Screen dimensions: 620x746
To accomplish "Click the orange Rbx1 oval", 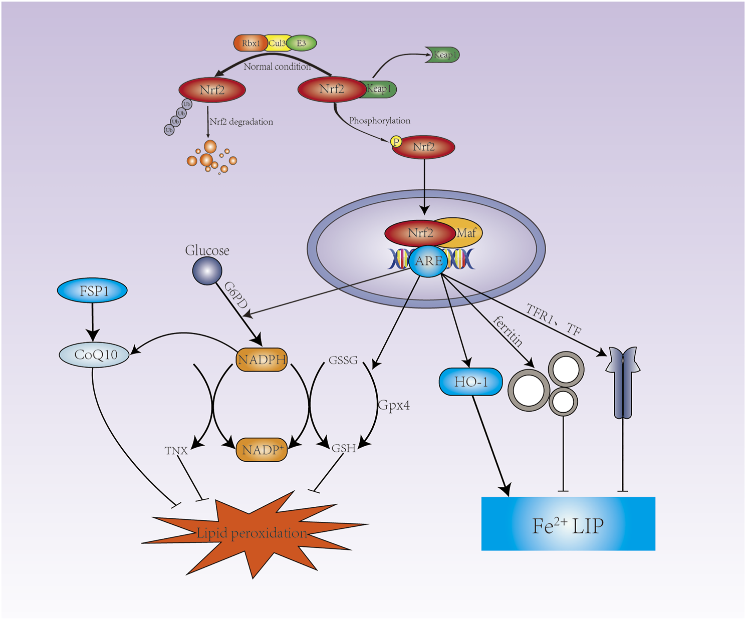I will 250,44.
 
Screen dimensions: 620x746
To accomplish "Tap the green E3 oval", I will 302,44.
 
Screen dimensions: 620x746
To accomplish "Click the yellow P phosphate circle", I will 396,142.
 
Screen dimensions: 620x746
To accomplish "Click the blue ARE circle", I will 428,261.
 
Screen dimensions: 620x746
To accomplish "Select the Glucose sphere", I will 207,271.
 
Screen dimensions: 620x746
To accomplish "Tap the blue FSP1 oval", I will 93,291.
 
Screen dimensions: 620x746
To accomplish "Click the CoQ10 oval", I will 95,355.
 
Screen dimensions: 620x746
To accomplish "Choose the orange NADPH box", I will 262,360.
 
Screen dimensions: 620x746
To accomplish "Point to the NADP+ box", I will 262,450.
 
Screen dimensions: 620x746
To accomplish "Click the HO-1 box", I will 470,382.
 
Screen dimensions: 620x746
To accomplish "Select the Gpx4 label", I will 394,405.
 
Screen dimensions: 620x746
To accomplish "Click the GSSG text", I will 343,361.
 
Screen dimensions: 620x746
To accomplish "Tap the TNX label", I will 176,451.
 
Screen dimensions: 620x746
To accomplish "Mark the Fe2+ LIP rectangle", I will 568,524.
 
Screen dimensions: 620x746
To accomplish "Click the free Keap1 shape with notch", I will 443,55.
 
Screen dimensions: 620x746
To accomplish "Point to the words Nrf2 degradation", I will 241,122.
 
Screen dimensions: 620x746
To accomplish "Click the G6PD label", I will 236,295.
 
